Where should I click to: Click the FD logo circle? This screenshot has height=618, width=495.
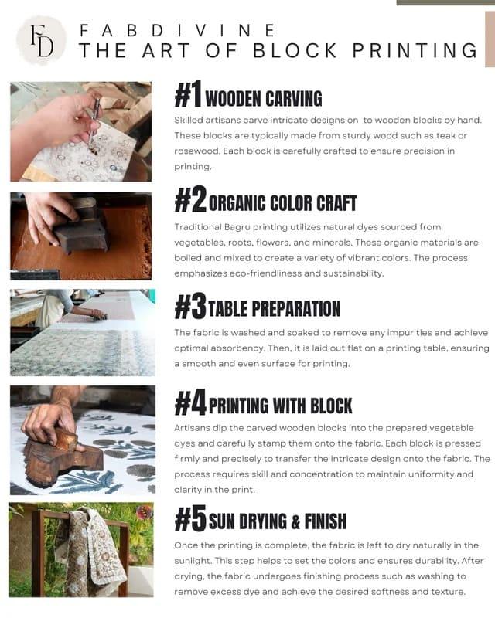(x=42, y=41)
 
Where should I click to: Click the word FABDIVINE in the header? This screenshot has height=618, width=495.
(x=177, y=30)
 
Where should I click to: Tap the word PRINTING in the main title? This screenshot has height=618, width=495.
(x=415, y=50)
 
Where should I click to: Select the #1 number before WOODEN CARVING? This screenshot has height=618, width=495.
(x=188, y=94)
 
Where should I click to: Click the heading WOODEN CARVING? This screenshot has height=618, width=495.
(x=264, y=99)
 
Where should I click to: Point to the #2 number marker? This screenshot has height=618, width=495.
(x=190, y=199)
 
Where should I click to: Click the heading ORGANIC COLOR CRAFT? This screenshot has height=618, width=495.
(x=282, y=203)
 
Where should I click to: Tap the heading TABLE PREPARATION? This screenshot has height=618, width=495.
(x=275, y=308)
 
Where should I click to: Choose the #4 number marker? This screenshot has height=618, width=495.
(x=190, y=402)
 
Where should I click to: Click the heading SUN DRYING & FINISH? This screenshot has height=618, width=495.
(x=278, y=521)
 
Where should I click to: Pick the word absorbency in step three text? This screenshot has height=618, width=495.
(x=240, y=348)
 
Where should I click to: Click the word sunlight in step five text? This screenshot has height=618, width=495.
(x=193, y=561)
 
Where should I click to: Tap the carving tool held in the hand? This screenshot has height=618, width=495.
(x=94, y=121)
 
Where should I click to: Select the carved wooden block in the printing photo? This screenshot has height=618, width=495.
(x=63, y=453)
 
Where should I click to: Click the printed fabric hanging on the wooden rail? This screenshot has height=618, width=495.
(x=90, y=551)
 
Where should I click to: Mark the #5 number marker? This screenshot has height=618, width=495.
(x=190, y=519)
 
